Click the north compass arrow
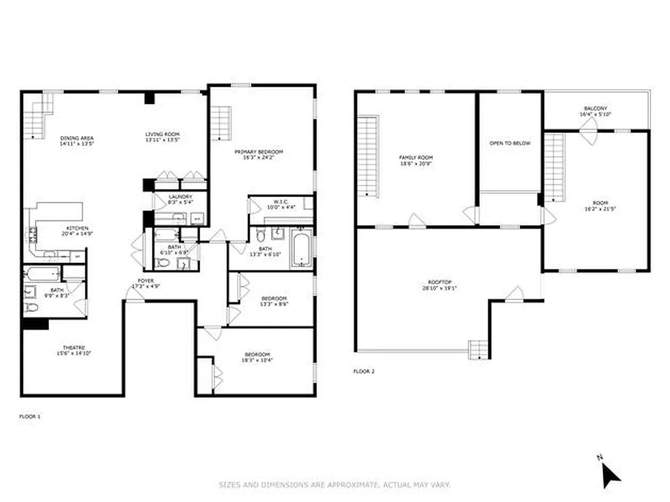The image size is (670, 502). click(610, 474)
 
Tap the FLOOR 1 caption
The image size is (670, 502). click(30, 416)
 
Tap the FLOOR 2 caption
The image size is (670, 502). click(364, 371)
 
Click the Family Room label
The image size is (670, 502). click(416, 161)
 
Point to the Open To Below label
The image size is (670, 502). click(509, 143)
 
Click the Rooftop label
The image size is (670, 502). click(440, 286)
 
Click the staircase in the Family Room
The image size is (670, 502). click(368, 156)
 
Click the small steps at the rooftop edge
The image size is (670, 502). click(478, 349)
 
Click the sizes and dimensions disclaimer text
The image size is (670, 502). click(334, 484)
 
